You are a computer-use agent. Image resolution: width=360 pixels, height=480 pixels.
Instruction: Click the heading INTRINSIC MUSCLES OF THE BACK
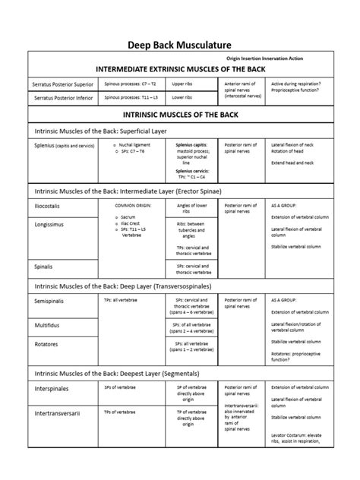[179, 116]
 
